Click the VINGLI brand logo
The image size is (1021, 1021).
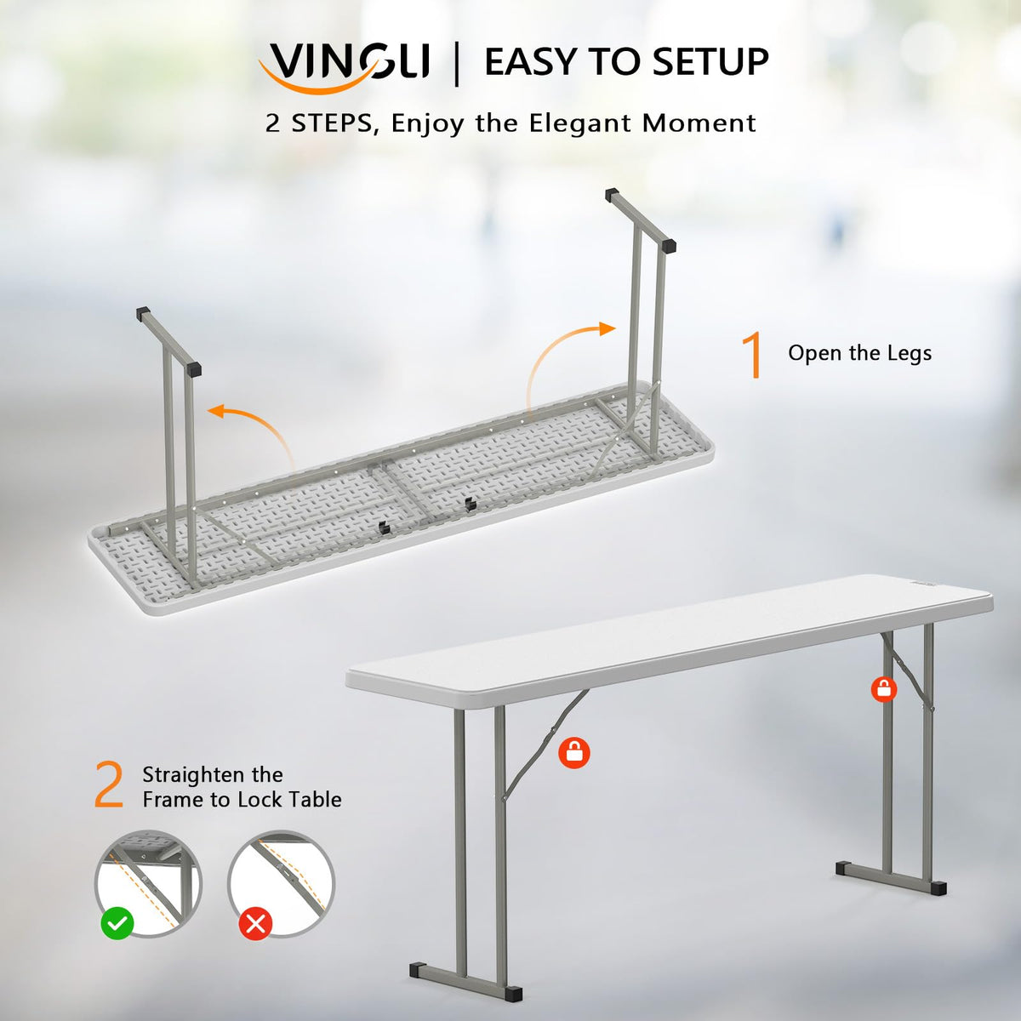[x=347, y=64]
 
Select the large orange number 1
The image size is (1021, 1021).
[x=752, y=354]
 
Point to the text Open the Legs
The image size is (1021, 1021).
[x=859, y=353]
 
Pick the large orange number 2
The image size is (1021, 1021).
[x=109, y=786]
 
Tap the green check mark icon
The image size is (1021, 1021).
[x=117, y=922]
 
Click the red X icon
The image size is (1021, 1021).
[x=255, y=922]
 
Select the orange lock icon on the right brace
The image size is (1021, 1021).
[x=885, y=688]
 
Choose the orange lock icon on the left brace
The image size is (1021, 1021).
[x=575, y=752]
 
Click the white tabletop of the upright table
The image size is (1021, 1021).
[x=672, y=630]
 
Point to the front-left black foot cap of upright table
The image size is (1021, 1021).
[x=419, y=970]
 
